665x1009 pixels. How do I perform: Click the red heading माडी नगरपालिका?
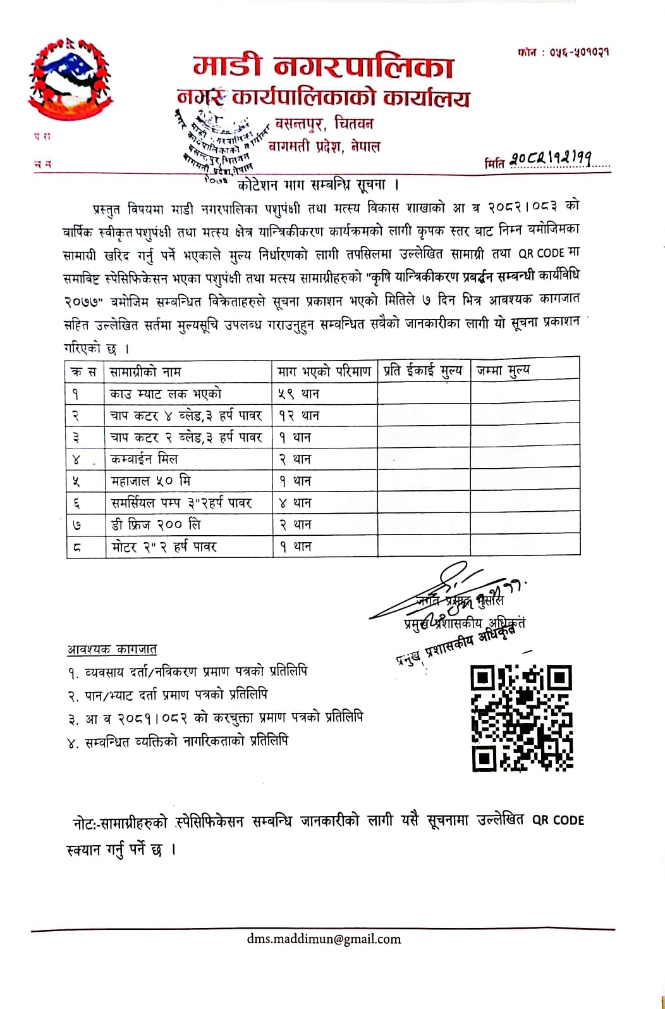(323, 66)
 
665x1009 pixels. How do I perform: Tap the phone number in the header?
(563, 52)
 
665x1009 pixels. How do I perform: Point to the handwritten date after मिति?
(550, 159)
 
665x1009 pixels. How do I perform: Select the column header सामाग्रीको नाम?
(145, 371)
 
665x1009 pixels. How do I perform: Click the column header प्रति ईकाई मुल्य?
(423, 371)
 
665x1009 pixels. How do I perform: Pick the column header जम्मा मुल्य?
(503, 370)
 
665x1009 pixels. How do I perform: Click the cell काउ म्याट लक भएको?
(166, 393)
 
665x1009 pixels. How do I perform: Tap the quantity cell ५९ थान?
(299, 393)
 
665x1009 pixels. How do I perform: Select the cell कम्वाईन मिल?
(144, 459)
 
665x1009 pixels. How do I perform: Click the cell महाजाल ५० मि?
(150, 481)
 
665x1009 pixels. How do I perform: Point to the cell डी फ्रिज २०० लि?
(156, 524)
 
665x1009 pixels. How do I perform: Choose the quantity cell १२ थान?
(299, 416)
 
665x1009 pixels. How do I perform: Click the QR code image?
(522, 717)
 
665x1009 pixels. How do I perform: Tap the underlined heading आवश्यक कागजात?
(112, 649)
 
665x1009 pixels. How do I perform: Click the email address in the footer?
(324, 939)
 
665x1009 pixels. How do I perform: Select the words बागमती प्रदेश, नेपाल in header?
(325, 147)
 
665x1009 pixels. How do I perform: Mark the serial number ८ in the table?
(76, 547)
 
